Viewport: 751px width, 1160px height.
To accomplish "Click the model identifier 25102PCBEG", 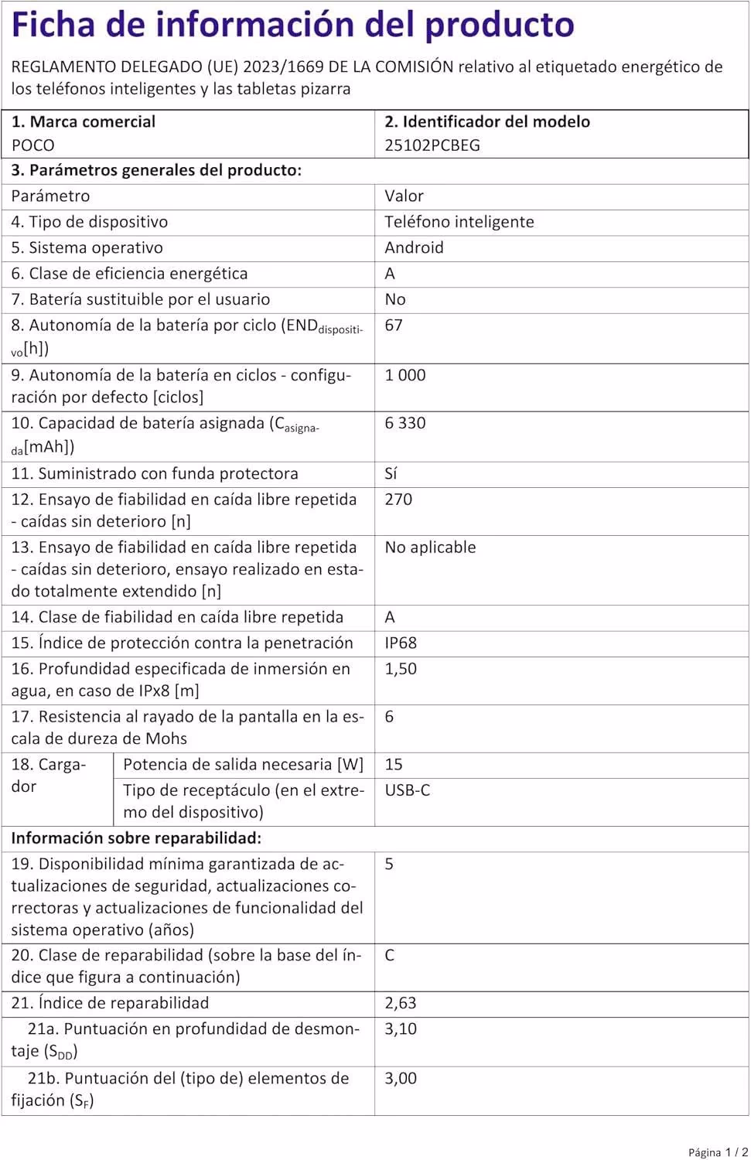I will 432,145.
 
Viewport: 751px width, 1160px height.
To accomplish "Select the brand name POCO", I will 32,145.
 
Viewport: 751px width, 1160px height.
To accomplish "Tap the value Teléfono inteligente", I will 459,222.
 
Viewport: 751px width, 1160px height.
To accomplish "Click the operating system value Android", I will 414,247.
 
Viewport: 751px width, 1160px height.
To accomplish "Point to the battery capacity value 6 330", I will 405,423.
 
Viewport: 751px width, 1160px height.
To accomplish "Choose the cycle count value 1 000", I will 405,375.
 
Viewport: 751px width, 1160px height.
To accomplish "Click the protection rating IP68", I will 400,643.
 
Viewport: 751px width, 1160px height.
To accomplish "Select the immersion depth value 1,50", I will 400,669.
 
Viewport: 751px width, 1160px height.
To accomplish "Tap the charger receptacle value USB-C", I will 407,790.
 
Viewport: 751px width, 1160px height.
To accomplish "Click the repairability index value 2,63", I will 400,1003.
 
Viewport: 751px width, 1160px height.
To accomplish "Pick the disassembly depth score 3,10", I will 400,1029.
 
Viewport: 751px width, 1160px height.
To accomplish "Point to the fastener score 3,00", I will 400,1079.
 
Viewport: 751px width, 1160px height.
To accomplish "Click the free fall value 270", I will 398,500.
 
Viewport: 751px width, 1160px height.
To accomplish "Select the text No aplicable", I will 430,548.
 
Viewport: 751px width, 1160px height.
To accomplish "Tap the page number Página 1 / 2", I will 718,1152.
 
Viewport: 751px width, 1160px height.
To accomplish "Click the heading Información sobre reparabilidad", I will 136,838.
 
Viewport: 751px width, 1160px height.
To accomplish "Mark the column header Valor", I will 404,196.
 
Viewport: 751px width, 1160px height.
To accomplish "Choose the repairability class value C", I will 389,956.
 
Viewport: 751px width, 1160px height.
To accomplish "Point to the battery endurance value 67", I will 393,326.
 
